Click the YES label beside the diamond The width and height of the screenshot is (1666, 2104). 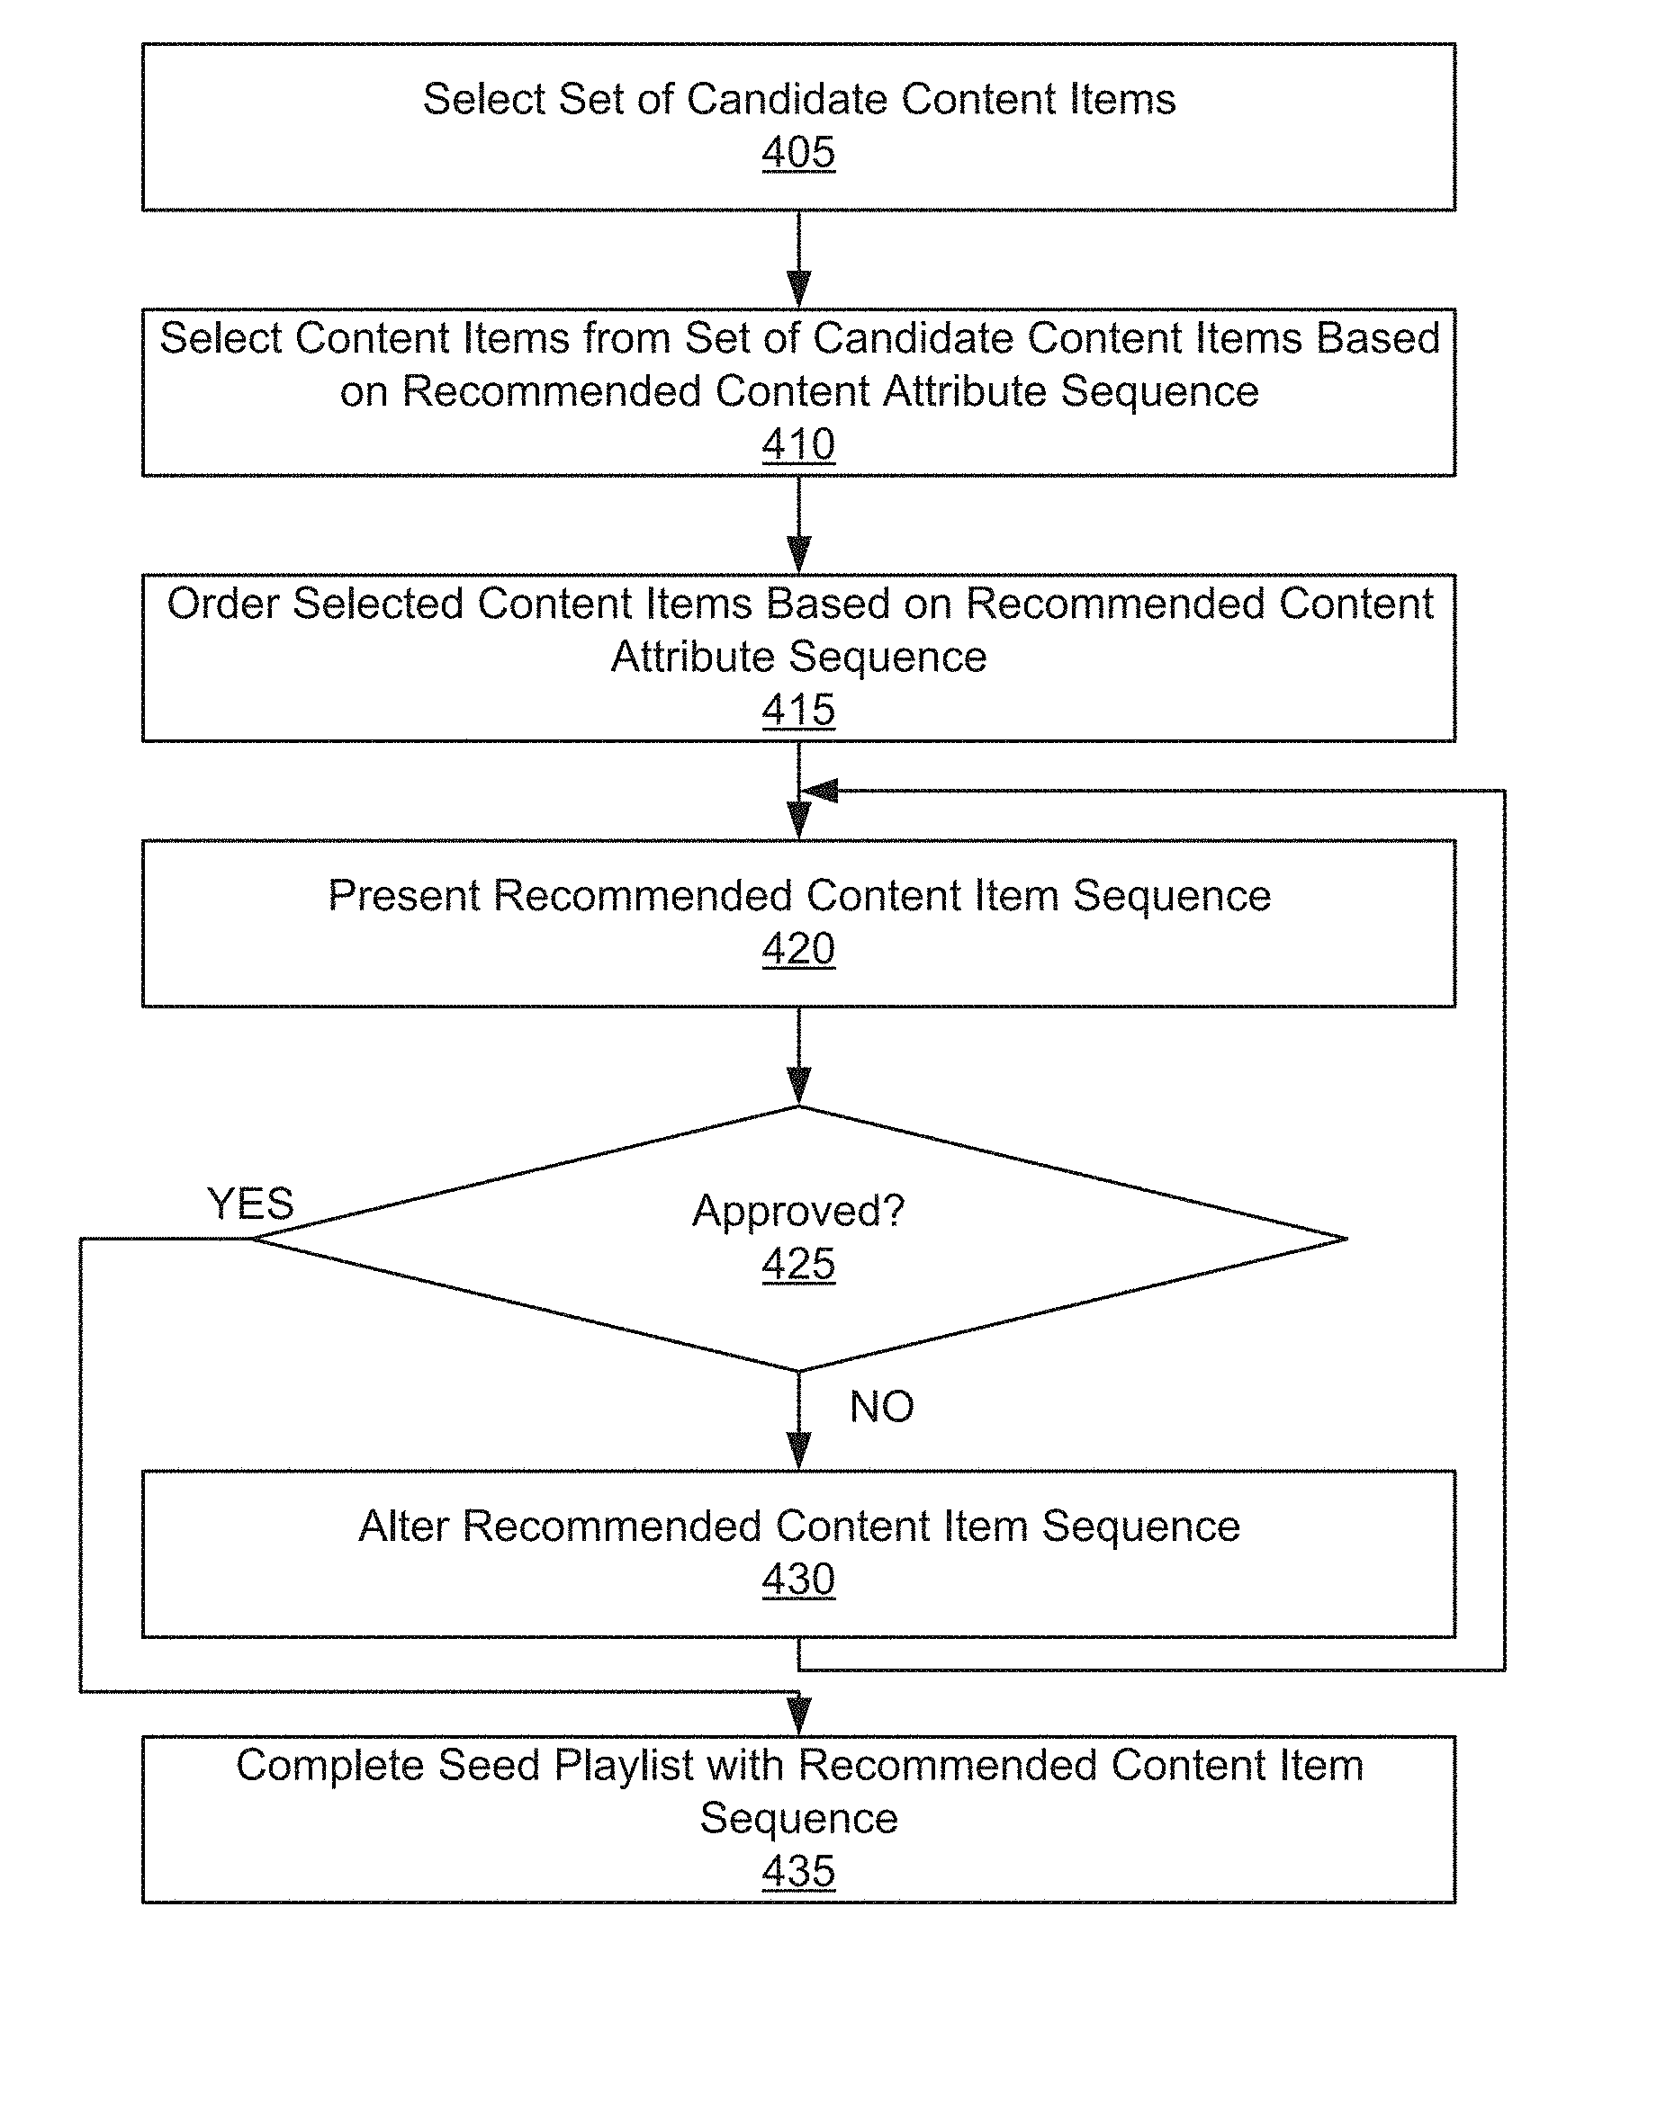251,1204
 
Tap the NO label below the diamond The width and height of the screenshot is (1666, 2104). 882,1406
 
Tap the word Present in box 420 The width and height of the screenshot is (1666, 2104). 403,895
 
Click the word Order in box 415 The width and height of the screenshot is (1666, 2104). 222,604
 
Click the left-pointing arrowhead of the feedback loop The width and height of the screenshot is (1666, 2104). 819,791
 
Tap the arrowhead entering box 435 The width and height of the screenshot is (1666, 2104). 799,1717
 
